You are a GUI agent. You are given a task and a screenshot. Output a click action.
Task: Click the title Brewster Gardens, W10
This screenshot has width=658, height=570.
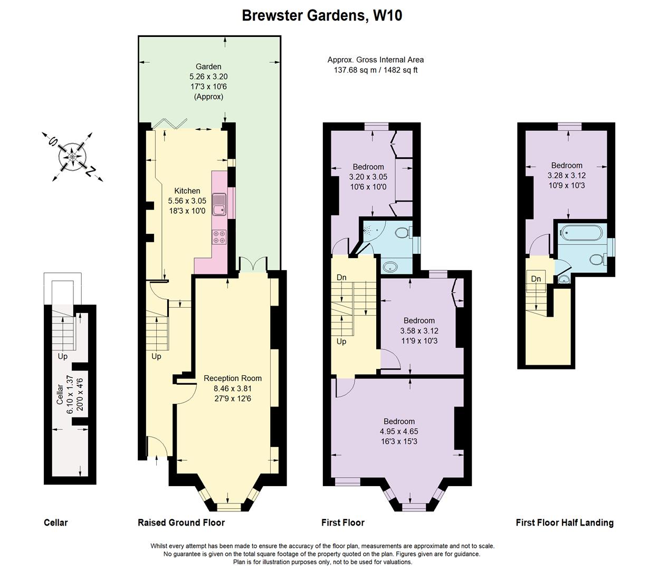pos(322,15)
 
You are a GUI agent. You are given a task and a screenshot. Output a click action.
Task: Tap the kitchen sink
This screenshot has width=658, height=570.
pos(219,205)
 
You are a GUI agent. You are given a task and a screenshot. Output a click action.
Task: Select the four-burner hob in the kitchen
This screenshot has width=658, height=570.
pos(219,237)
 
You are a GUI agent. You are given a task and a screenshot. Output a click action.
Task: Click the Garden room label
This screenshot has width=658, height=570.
pos(208,66)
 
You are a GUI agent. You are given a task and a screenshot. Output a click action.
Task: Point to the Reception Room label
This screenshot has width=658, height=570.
pos(233,378)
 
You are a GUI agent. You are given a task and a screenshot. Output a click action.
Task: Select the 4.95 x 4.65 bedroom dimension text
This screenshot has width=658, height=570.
pos(399,431)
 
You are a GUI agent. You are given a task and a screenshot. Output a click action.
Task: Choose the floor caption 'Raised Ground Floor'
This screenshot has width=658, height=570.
pos(181,522)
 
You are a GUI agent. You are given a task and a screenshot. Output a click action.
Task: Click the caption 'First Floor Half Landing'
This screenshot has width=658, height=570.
pos(565,522)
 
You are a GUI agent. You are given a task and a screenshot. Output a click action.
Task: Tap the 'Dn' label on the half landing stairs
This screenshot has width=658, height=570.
pos(536,279)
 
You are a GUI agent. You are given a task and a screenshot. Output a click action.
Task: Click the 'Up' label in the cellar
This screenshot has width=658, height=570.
pos(62,356)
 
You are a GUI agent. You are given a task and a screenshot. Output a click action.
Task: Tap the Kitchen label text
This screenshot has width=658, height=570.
pos(187,191)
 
